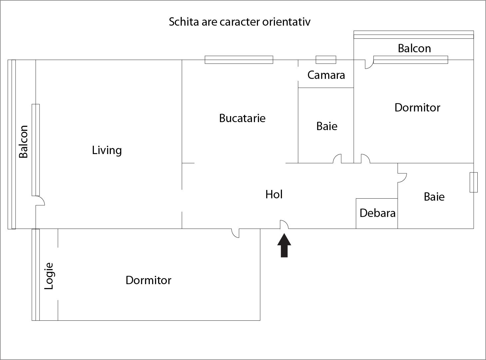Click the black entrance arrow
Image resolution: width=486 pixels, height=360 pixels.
click(284, 246)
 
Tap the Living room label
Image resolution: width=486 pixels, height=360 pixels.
click(107, 150)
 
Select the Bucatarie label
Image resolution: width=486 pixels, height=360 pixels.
click(242, 118)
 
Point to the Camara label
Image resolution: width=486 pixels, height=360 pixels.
click(326, 75)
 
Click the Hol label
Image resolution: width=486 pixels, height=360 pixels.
click(274, 194)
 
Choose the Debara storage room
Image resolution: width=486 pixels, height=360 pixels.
click(377, 213)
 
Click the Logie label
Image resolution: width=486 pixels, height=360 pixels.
click(49, 276)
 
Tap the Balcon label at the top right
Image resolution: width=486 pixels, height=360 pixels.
click(414, 49)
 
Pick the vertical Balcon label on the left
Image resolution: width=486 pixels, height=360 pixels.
click(23, 141)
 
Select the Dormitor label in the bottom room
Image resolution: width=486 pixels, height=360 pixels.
click(148, 280)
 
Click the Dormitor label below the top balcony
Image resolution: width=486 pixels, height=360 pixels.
click(417, 107)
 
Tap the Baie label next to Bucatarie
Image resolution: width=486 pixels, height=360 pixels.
click(327, 126)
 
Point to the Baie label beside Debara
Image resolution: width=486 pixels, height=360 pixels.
click(434, 197)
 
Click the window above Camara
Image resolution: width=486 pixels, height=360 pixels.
click(326, 60)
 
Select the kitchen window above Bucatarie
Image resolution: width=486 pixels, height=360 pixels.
click(239, 60)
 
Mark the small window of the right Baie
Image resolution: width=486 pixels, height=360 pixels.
click(473, 182)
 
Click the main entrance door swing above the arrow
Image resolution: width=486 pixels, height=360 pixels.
click(284, 225)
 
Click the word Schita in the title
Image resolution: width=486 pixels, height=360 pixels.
click(184, 22)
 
